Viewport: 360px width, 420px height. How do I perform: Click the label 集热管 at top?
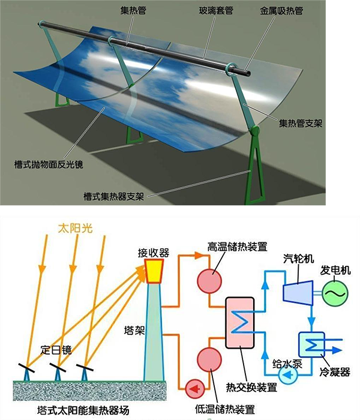133,11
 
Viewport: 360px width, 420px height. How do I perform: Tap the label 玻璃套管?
216,11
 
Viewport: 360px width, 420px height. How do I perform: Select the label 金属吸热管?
281,11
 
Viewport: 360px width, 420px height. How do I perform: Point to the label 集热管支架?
301,123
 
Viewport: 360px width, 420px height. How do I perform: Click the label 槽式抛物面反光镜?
49,164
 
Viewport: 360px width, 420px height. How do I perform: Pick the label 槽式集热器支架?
114,196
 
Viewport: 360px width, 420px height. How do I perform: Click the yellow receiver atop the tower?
154,271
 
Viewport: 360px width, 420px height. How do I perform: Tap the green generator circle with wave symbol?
335,293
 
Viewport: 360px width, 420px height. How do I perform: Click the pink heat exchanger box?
240,323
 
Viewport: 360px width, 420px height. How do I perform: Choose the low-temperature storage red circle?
209,359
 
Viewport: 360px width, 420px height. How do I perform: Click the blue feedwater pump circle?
288,375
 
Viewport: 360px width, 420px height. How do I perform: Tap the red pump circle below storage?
195,388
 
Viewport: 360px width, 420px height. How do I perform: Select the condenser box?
311,345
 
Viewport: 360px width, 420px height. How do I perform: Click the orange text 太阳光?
75,229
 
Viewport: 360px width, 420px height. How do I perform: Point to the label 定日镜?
56,350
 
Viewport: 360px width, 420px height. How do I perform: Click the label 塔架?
134,330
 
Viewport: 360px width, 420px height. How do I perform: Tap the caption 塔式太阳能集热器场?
83,410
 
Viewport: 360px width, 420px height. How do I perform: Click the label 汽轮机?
298,259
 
